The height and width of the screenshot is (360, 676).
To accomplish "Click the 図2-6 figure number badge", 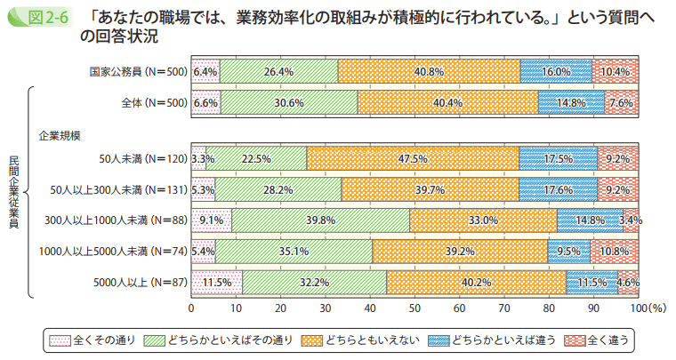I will click(35, 17).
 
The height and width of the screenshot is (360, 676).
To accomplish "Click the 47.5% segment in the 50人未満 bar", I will click(413, 159).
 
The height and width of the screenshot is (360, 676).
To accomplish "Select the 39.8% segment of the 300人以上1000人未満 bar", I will click(320, 220).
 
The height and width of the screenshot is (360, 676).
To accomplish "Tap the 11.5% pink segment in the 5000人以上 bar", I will click(216, 282).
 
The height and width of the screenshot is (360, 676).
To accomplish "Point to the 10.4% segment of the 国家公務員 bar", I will click(616, 71).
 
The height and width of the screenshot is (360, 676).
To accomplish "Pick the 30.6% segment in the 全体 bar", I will click(289, 102).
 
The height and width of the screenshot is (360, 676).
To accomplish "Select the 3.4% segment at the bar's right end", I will click(632, 220).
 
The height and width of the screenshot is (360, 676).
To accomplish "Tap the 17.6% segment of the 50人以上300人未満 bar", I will click(558, 189).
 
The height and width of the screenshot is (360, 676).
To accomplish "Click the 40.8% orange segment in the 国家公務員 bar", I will click(429, 71).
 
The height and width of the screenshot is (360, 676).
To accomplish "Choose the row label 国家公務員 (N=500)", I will click(138, 71).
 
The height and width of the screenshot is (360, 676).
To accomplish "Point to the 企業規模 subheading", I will click(60, 135).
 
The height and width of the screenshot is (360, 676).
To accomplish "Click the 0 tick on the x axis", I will click(191, 308).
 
